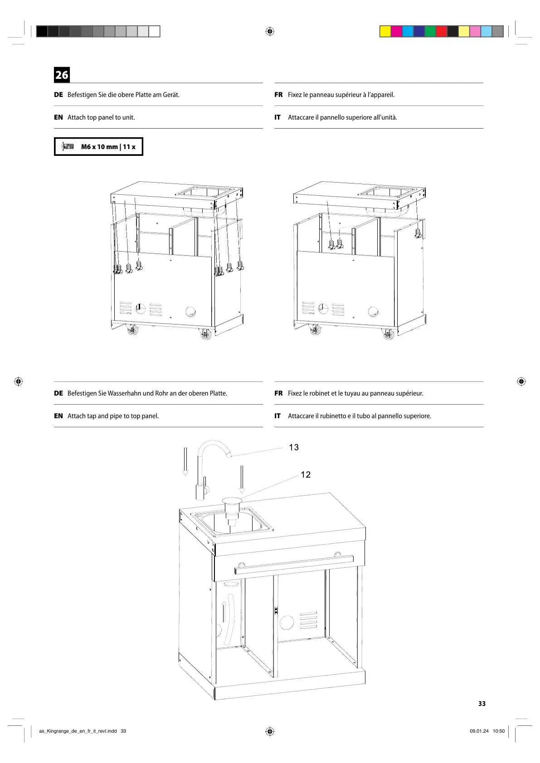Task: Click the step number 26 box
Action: coord(62,75)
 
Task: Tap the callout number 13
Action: coord(294,448)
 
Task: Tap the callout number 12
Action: coord(306,475)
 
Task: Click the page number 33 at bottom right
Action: coord(482,704)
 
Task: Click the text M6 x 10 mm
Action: coord(99,147)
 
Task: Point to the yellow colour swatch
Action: coord(385,31)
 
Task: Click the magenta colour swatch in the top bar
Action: coord(396,31)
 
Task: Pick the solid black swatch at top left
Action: coord(42,31)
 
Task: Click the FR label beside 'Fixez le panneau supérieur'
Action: coord(278,95)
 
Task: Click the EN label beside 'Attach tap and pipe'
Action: coord(58,416)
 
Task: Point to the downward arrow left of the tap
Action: coord(185,462)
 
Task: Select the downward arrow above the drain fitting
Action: coord(242,479)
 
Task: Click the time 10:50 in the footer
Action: coord(498,731)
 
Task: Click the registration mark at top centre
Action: coord(270,31)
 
